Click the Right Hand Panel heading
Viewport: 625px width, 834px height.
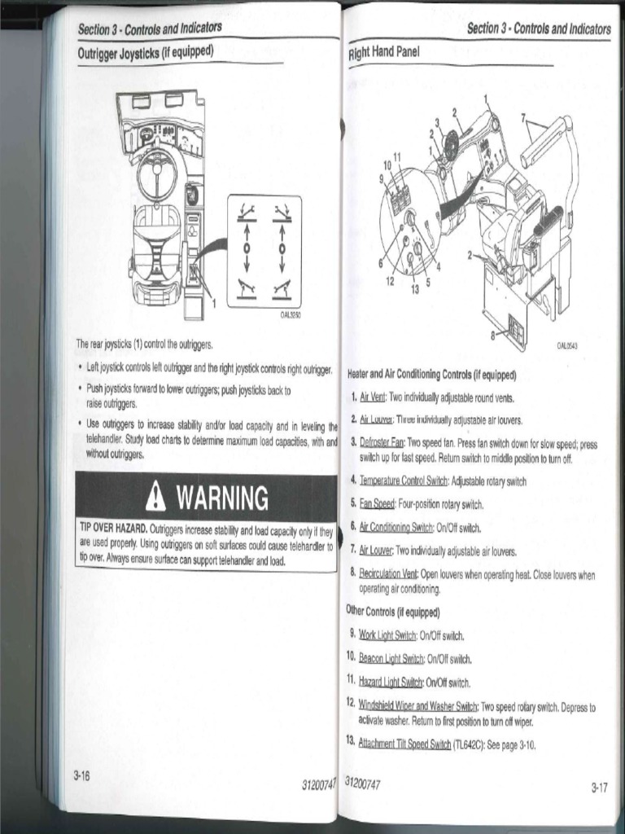pos(382,53)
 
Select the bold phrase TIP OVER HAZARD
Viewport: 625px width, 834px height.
pos(113,529)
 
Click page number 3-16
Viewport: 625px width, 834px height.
pos(81,775)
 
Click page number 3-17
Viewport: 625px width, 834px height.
pos(599,787)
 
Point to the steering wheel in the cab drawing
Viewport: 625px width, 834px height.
pos(156,173)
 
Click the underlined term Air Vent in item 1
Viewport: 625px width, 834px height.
pos(373,398)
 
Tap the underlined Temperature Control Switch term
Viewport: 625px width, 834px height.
pos(404,481)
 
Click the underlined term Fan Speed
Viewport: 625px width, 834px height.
pos(378,504)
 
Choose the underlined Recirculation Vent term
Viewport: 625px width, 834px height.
pos(388,574)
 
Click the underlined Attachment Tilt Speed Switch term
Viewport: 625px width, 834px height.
pos(404,744)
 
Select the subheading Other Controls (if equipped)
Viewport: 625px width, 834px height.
pos(393,612)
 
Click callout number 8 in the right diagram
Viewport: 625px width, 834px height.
pos(493,334)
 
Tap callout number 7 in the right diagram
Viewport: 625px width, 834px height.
pos(524,116)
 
